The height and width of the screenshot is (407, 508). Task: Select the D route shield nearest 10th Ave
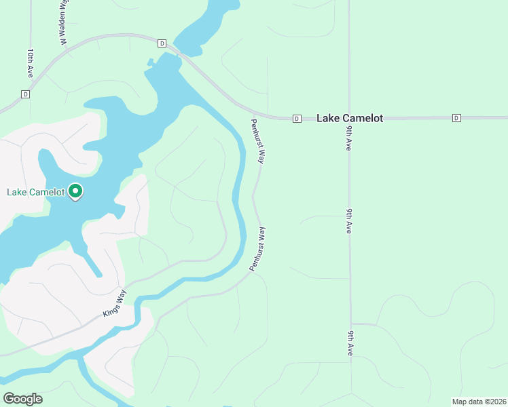point(26,94)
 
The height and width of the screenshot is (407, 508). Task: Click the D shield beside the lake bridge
point(162,43)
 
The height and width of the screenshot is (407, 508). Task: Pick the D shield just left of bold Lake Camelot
point(297,119)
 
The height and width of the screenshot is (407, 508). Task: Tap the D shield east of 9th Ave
point(456,118)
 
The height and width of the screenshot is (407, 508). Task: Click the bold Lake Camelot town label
point(350,118)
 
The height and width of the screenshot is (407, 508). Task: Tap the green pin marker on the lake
point(75,193)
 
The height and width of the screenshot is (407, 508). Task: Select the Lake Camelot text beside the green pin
point(36,192)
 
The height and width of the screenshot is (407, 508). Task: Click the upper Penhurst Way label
point(257,141)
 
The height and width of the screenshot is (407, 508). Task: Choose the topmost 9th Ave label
point(348,138)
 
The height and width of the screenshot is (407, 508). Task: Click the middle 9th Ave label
point(348,222)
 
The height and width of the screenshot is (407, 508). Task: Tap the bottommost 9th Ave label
point(350,343)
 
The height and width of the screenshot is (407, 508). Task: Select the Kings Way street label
point(115,303)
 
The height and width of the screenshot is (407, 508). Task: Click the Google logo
point(22,399)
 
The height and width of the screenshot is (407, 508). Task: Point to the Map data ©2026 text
point(478,401)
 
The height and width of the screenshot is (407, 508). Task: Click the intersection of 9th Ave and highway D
point(349,118)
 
